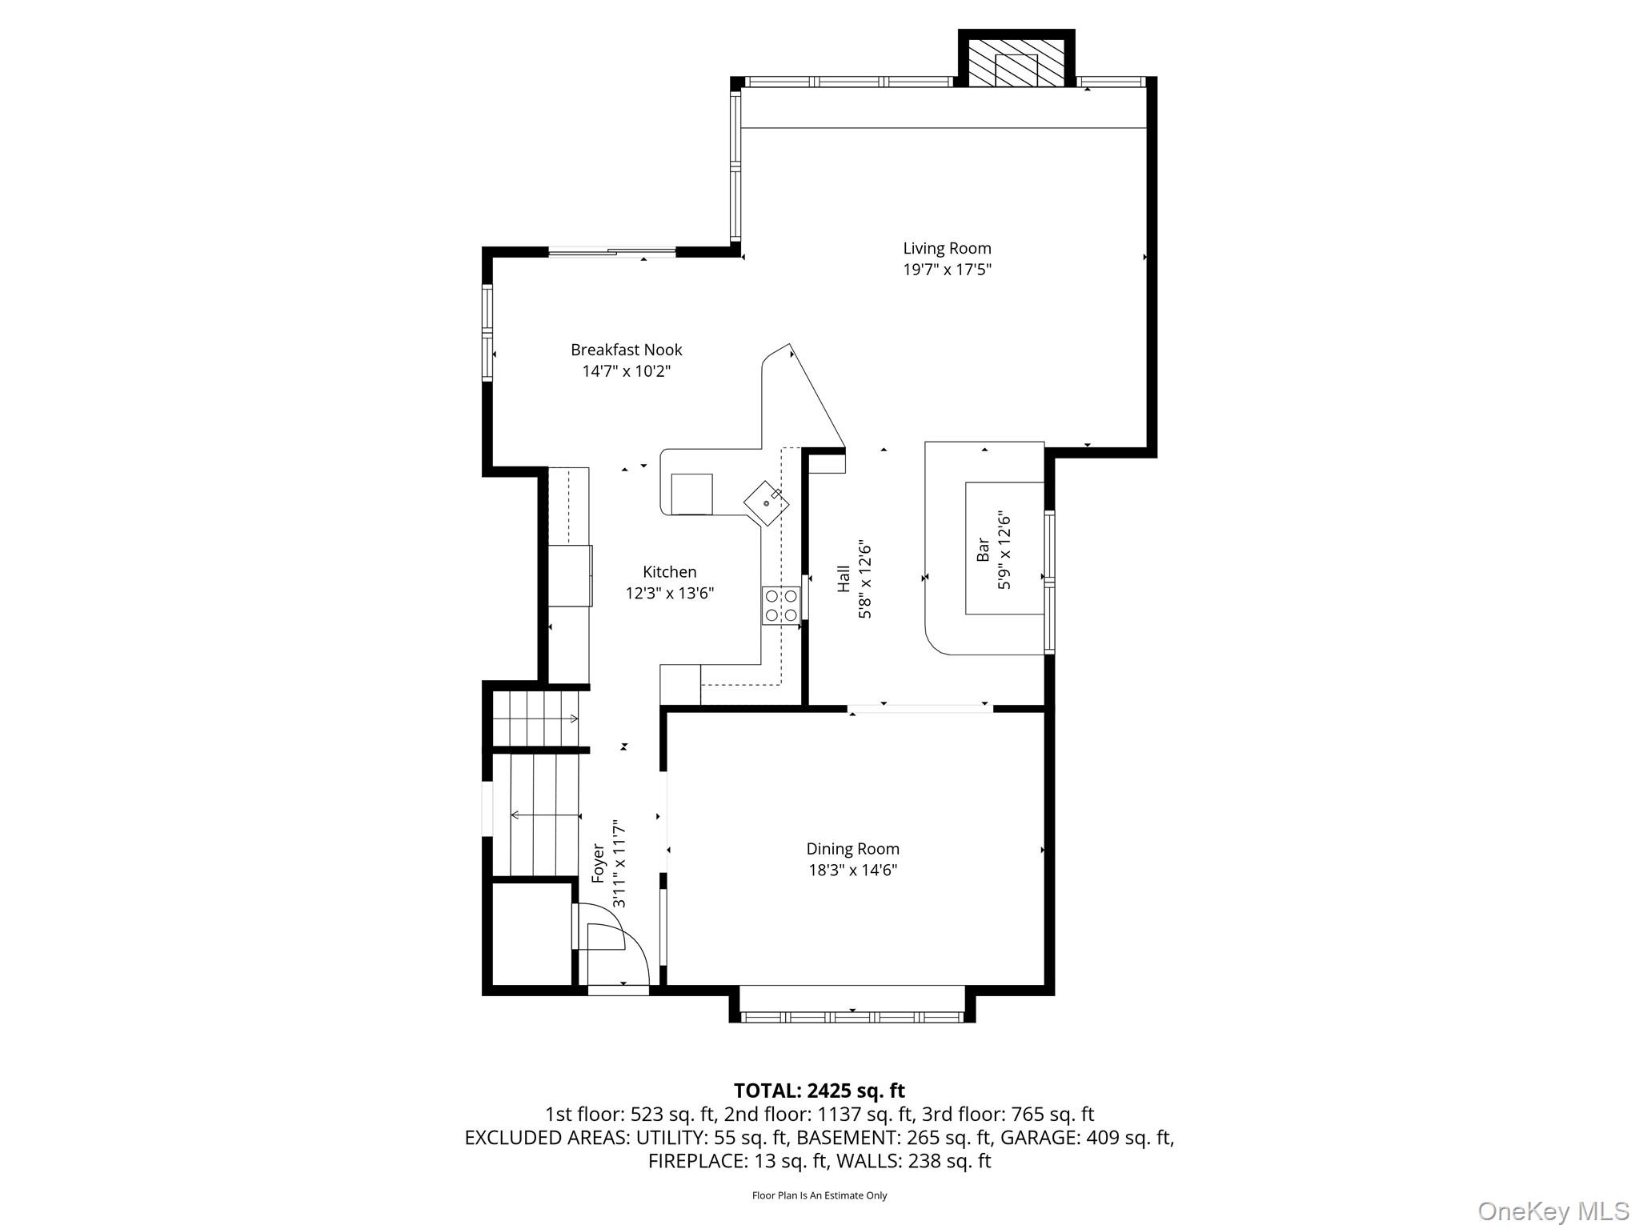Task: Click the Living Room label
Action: click(947, 249)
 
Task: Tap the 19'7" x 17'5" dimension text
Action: click(947, 270)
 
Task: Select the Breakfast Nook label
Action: click(626, 350)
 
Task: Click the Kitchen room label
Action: click(669, 572)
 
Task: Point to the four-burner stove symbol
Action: click(781, 605)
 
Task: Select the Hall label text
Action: click(844, 579)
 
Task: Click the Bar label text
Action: click(984, 550)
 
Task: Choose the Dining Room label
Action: click(852, 849)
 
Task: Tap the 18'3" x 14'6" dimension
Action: click(852, 870)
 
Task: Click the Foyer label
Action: click(598, 863)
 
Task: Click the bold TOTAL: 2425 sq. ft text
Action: click(819, 1091)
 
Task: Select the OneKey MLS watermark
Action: click(1553, 1211)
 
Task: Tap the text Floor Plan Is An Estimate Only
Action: click(819, 1195)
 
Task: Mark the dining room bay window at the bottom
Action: click(852, 1017)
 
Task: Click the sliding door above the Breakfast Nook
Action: click(612, 253)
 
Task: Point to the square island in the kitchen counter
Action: click(691, 494)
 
